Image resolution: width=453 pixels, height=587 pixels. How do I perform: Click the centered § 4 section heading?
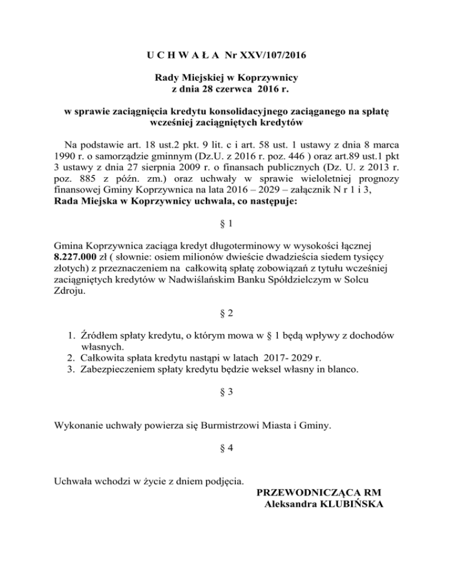pyautogui.click(x=226, y=448)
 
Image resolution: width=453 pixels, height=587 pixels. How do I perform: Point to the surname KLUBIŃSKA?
pyautogui.click(x=350, y=504)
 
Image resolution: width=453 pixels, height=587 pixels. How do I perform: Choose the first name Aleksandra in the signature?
pyautogui.click(x=289, y=504)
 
